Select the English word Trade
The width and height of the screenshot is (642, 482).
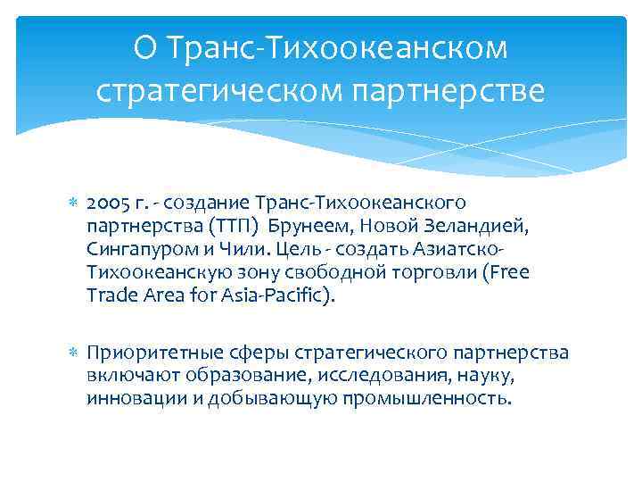coord(111,295)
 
